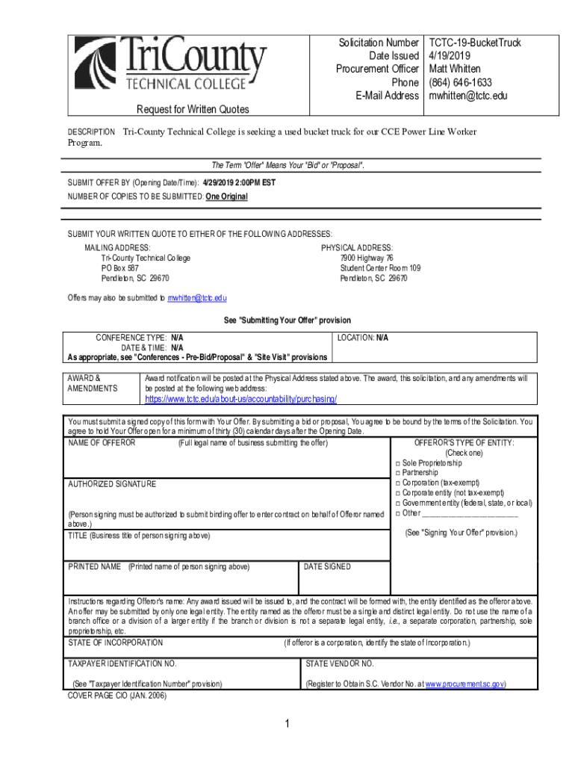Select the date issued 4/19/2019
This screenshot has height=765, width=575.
click(450, 56)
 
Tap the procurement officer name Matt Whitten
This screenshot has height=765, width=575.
click(455, 69)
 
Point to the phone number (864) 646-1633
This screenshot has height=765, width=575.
click(460, 83)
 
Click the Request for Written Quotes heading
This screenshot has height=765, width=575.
click(193, 110)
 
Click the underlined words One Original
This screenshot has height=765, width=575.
click(226, 196)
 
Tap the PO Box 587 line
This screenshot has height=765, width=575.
click(119, 267)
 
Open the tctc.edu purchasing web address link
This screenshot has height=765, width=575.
click(240, 399)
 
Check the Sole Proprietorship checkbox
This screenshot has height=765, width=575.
click(398, 463)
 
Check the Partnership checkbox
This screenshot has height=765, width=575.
click(398, 473)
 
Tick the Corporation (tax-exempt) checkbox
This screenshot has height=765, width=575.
click(398, 483)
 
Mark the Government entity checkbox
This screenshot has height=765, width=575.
click(398, 503)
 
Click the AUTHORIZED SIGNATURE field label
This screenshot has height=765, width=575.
click(112, 484)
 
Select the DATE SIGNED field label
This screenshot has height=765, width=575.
click(327, 567)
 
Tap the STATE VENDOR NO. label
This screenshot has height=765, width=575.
click(340, 663)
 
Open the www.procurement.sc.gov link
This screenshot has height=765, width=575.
click(465, 684)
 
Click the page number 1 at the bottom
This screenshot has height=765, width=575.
click(287, 724)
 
